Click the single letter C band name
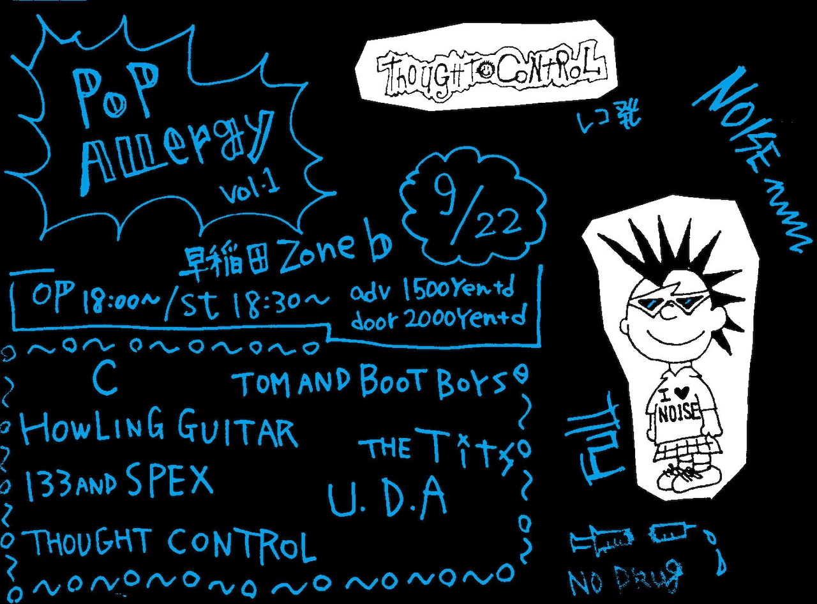[x=104, y=381]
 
